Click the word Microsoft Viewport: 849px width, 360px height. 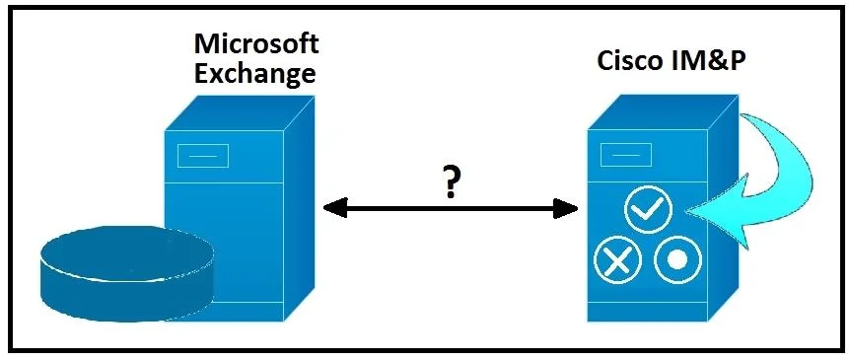point(256,43)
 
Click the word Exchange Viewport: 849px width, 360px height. point(254,74)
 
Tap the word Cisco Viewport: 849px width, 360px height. point(630,61)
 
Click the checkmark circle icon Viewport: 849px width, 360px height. point(648,208)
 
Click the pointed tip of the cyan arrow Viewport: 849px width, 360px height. point(686,212)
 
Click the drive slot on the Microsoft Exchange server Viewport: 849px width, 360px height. point(202,156)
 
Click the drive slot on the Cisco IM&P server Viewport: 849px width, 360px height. point(626,155)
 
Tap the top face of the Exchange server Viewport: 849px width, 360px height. point(241,112)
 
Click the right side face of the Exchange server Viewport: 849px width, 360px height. point(300,208)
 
